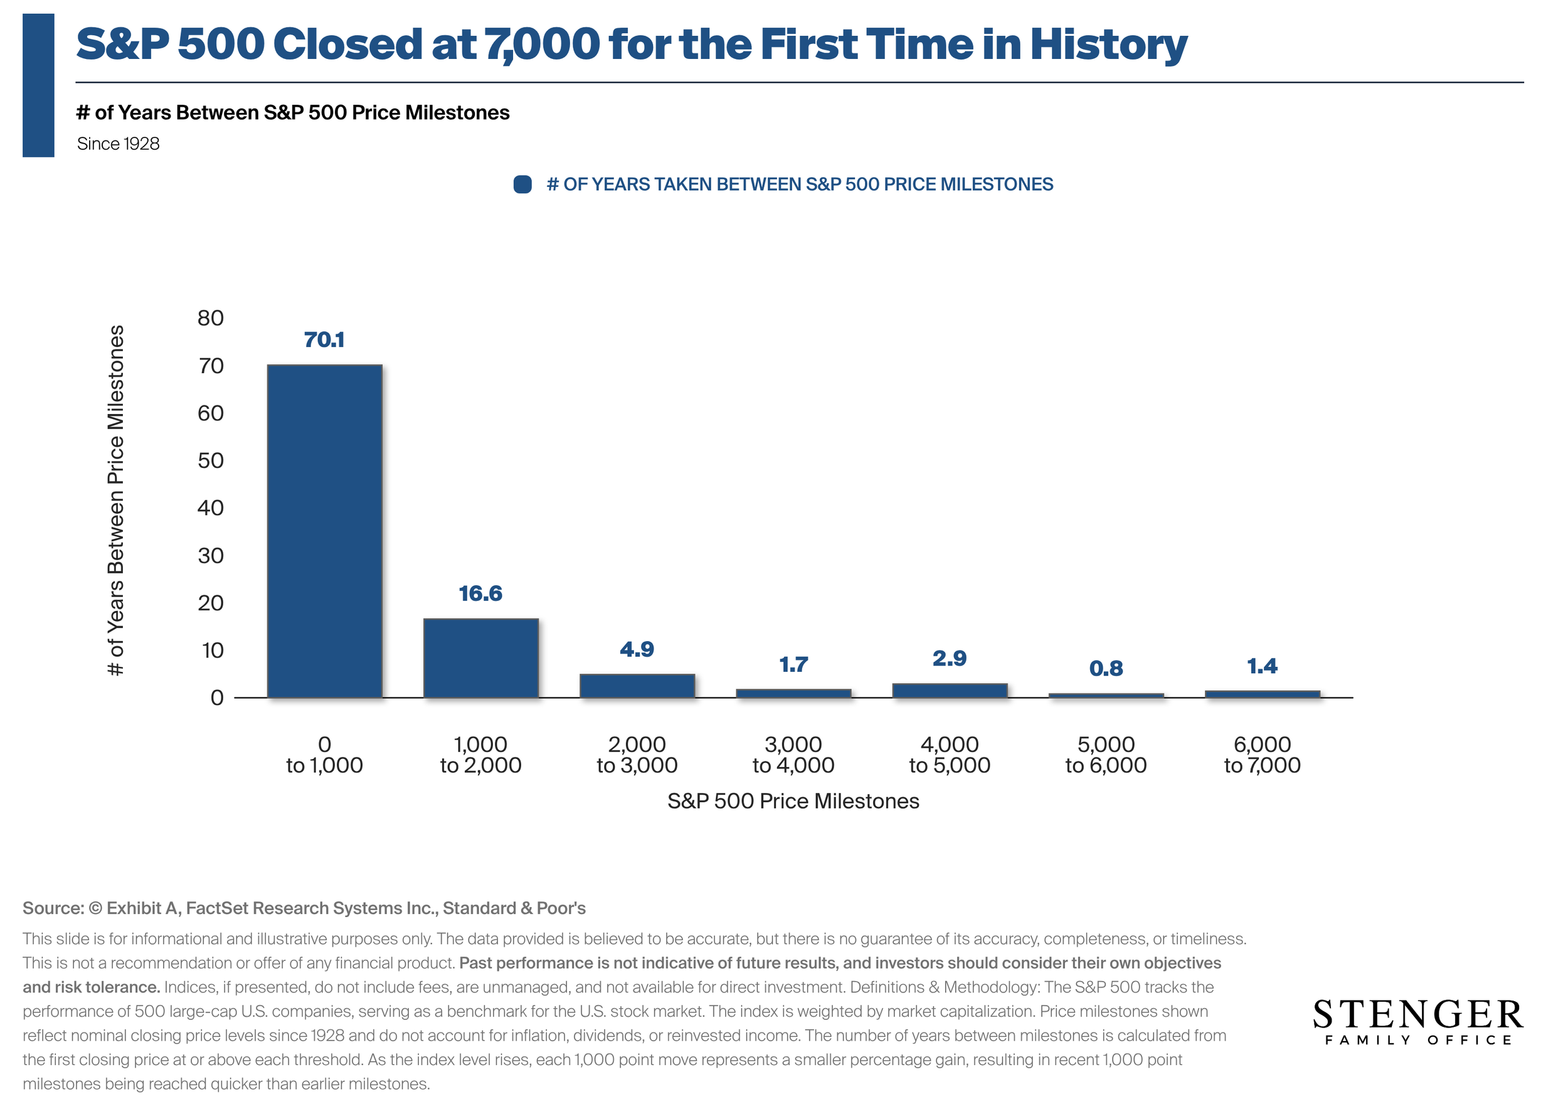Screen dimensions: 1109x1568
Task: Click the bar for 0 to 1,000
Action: point(324,531)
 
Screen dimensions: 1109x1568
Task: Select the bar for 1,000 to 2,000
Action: point(481,658)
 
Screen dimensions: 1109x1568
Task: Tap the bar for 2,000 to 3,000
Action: point(637,686)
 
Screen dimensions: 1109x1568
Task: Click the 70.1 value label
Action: point(324,339)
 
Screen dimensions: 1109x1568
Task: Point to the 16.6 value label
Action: point(481,593)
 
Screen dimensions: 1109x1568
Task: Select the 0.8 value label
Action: point(1106,669)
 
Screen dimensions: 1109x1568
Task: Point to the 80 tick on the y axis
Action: point(210,318)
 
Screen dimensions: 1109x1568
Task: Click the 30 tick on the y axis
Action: point(210,555)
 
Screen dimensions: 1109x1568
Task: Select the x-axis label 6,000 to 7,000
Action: point(1262,755)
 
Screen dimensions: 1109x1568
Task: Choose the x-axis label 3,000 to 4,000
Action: point(793,755)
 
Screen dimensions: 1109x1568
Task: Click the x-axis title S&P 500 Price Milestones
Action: point(793,801)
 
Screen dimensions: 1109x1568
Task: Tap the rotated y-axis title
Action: point(117,501)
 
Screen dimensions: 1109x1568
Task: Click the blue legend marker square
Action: point(522,184)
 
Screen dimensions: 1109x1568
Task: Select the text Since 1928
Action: point(118,144)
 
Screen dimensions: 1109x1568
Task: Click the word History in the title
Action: point(1108,45)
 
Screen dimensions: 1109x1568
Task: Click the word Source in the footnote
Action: point(52,908)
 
